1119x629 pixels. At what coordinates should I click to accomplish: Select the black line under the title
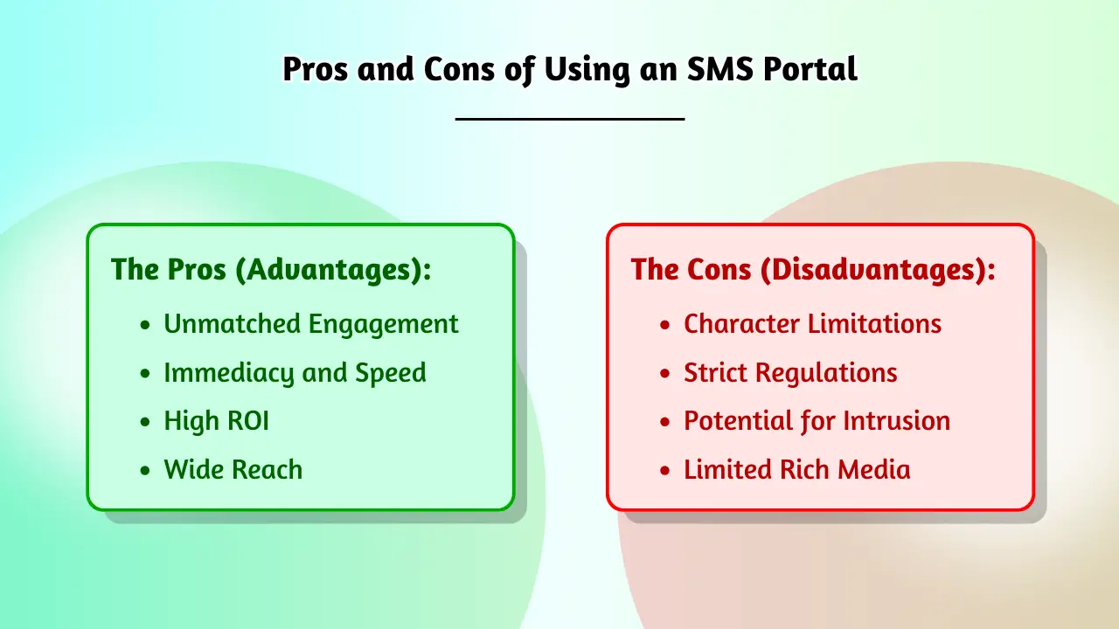(x=570, y=118)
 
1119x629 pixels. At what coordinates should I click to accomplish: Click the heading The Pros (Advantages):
(x=271, y=269)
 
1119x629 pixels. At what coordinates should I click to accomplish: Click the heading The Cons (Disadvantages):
(x=813, y=269)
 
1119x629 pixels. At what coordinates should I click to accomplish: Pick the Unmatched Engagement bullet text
(x=310, y=324)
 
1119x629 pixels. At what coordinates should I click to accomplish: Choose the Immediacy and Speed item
(x=295, y=373)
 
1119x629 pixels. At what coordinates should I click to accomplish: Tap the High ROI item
(x=216, y=421)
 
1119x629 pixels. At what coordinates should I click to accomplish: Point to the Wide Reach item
(x=233, y=470)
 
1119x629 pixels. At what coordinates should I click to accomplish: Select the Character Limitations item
(x=812, y=324)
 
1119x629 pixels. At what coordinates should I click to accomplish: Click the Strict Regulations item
(x=790, y=373)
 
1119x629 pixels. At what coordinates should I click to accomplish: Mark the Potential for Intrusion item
(x=817, y=421)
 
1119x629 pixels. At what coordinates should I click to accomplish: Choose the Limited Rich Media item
(x=796, y=470)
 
